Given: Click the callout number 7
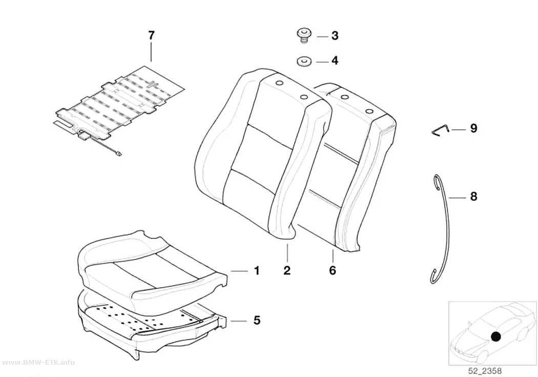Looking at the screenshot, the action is click(x=151, y=35).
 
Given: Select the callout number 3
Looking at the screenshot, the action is click(x=335, y=36).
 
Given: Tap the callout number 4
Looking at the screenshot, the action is click(x=335, y=61).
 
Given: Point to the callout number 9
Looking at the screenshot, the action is click(x=473, y=128).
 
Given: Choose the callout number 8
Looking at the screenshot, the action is click(x=473, y=197).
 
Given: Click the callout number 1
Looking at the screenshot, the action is click(x=257, y=271).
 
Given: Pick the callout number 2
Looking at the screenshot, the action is click(x=287, y=270).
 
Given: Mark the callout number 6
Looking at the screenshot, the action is click(x=333, y=270).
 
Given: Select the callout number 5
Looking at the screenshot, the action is click(x=257, y=321).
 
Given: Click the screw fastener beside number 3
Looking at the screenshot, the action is click(x=304, y=35).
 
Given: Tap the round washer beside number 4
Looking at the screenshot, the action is click(x=304, y=62).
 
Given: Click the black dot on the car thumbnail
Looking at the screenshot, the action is click(x=495, y=336).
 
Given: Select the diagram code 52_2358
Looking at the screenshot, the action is click(x=485, y=371).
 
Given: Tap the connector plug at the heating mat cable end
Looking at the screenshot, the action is click(x=119, y=154).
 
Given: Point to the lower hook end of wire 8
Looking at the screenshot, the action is click(x=433, y=276).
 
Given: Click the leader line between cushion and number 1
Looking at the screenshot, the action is click(x=239, y=271).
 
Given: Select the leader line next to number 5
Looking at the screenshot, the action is click(x=238, y=321).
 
